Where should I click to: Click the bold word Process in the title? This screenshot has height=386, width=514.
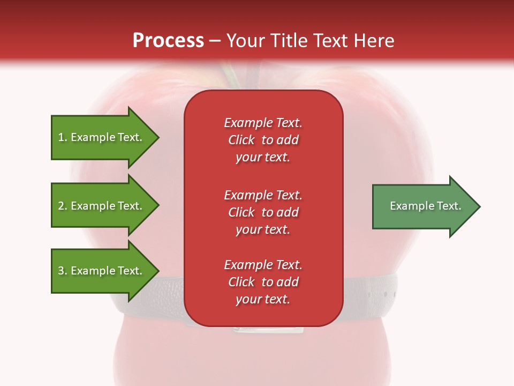coord(168,41)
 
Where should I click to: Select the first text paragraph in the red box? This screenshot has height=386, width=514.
coord(263,140)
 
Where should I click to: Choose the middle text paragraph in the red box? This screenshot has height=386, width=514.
coord(263,212)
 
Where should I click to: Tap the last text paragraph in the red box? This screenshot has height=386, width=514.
coord(263,282)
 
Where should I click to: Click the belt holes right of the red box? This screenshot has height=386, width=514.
coord(389,295)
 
